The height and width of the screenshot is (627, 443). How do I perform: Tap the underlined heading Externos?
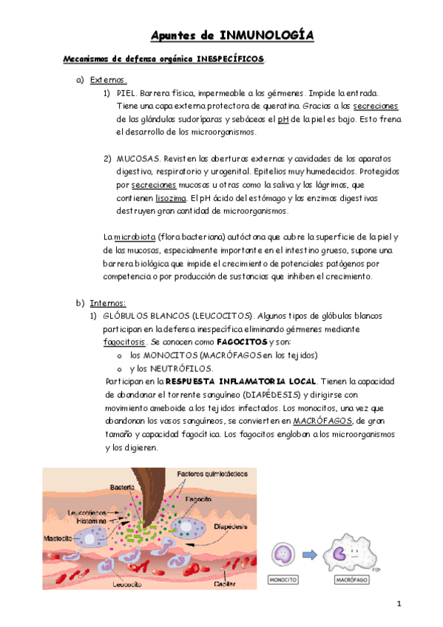tap(108, 80)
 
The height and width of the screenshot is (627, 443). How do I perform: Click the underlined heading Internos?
tap(108, 303)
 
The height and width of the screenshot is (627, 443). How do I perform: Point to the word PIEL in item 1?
tap(126, 93)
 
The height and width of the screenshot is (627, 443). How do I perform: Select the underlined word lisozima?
tap(171, 198)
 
